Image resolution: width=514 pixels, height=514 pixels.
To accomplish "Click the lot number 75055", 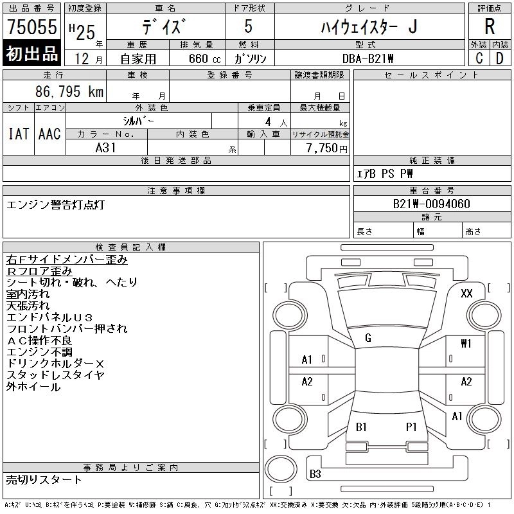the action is (x=31, y=28).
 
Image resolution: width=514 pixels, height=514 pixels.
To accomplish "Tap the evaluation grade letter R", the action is (x=489, y=27).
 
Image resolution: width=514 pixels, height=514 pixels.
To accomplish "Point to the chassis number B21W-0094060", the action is (x=432, y=204).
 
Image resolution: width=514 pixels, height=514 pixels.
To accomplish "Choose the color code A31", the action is (x=105, y=147).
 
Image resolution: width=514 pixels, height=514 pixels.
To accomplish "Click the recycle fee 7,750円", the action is (x=327, y=148).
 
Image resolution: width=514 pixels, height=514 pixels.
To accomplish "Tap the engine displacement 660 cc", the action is (x=197, y=58).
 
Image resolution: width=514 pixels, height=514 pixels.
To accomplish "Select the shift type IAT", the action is (x=18, y=134).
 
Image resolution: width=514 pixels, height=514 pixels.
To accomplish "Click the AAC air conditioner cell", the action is (x=49, y=134).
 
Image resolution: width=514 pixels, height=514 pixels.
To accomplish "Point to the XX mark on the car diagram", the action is (x=466, y=293).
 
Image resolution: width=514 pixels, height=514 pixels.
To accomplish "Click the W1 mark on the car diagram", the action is (x=466, y=343).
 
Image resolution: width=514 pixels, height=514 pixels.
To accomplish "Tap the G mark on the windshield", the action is (x=368, y=338).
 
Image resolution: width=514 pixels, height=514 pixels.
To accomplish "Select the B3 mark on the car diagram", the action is (x=315, y=474).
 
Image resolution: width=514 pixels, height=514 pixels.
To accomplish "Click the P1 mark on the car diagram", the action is (x=411, y=427).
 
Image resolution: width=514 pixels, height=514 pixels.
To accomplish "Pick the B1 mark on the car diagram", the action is (x=361, y=427).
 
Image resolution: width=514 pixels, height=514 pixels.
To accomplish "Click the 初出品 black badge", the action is (x=31, y=54).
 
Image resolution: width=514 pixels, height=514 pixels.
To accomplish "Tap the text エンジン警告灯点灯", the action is (x=55, y=205).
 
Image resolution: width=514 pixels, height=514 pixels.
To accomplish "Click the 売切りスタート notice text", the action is (x=44, y=479).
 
